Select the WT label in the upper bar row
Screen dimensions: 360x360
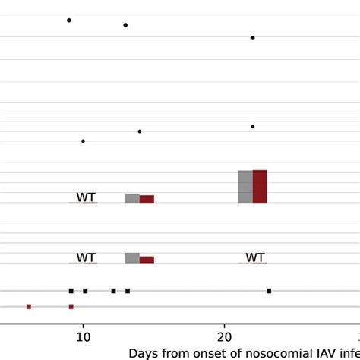pos(86,197)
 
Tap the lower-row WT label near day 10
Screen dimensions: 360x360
pos(86,258)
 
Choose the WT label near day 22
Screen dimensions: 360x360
pos(255,258)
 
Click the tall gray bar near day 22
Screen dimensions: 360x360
pos(245,186)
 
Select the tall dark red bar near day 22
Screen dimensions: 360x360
pos(260,186)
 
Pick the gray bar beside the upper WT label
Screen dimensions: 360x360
pos(132,198)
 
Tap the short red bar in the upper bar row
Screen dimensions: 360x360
pos(147,199)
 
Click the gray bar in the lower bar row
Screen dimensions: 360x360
pos(132,258)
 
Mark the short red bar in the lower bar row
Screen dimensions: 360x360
pos(147,260)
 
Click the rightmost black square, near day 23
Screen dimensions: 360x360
pos(269,291)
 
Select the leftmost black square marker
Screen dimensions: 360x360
pos(71,291)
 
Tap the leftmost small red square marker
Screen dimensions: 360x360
pos(29,307)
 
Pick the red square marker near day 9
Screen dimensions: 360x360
pos(71,307)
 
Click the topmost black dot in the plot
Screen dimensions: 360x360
pos(69,21)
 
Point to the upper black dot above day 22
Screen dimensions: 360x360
pos(253,38)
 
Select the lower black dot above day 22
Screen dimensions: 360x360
pos(253,127)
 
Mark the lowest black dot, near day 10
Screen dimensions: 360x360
pos(84,141)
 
